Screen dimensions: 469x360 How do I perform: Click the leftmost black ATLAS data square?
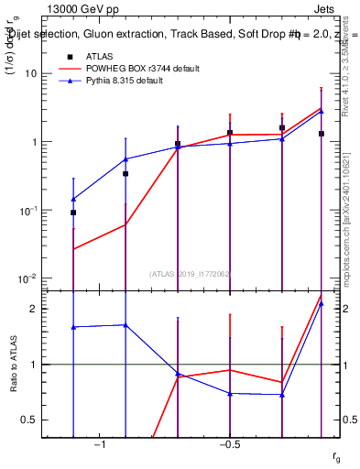(73, 213)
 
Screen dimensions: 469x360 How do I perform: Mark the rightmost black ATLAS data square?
(321, 134)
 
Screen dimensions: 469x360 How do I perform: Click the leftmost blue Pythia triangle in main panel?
(73, 199)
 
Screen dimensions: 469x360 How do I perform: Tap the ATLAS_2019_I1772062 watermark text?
(189, 273)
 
